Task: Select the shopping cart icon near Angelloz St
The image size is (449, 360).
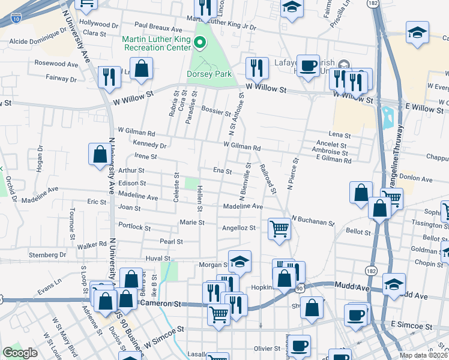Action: pyautogui.click(x=279, y=229)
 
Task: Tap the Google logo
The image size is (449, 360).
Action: pyautogui.click(x=20, y=352)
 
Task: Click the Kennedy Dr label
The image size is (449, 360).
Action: pyautogui.click(x=150, y=145)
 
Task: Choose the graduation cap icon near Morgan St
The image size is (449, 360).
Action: pyautogui.click(x=239, y=261)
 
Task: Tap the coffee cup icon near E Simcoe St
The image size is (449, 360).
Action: pyautogui.click(x=356, y=314)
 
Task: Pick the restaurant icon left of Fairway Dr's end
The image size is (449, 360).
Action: pyautogui.click(x=109, y=77)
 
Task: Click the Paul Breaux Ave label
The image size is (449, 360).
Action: pyautogui.click(x=158, y=28)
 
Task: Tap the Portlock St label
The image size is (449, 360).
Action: pyautogui.click(x=134, y=227)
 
